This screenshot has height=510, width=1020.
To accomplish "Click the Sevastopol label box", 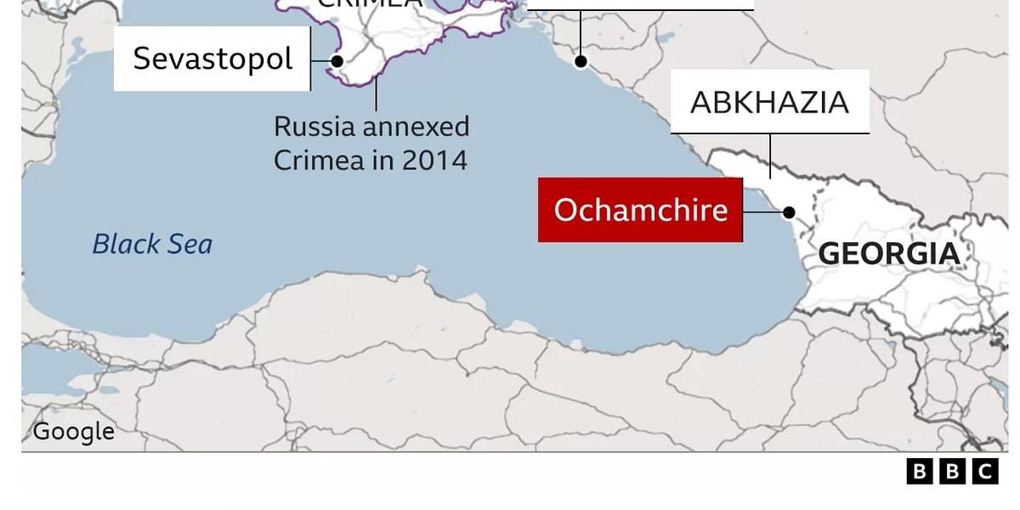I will pyautogui.click(x=212, y=59).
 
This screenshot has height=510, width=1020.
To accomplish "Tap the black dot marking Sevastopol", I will pyautogui.click(x=337, y=61).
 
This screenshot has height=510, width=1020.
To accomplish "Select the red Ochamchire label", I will pyautogui.click(x=640, y=210).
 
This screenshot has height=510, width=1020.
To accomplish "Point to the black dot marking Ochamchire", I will pyautogui.click(x=789, y=212).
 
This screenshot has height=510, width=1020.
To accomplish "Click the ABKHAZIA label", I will pyautogui.click(x=769, y=102).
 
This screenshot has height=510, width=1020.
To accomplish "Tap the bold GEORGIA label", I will pyautogui.click(x=889, y=253).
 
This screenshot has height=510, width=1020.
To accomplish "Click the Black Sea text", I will pyautogui.click(x=152, y=245).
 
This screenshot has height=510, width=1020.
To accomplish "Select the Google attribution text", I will pyautogui.click(x=73, y=432).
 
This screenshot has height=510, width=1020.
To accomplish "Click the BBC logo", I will pyautogui.click(x=952, y=472).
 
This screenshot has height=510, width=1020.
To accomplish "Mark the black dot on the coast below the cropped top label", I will pyautogui.click(x=581, y=60).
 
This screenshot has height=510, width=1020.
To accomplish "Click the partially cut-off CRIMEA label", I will pyautogui.click(x=369, y=3).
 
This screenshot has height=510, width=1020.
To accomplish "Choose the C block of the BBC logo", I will pyautogui.click(x=984, y=472).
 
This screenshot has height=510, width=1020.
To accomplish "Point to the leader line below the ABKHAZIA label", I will pyautogui.click(x=771, y=156).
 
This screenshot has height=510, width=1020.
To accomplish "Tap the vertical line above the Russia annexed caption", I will pyautogui.click(x=376, y=95).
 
